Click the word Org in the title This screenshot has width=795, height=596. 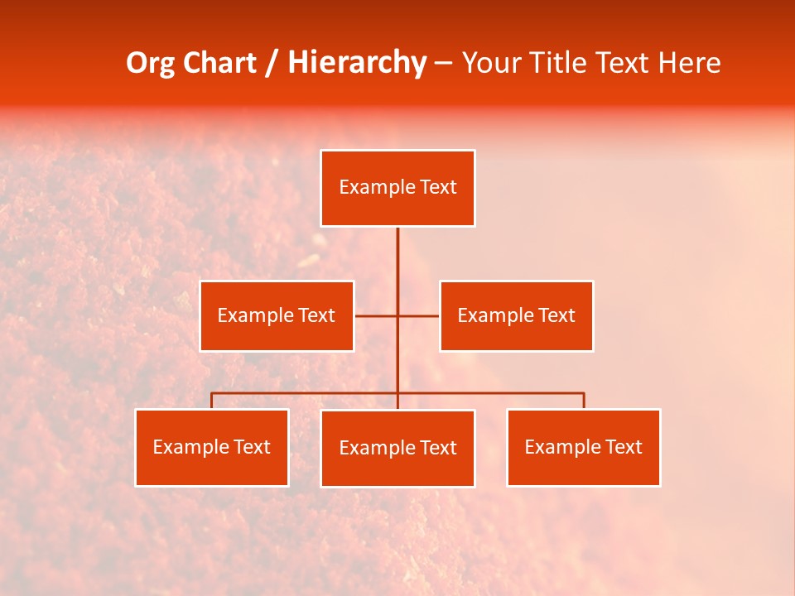coord(150,63)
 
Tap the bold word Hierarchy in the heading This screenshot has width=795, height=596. coord(357,63)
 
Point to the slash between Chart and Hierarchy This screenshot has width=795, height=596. coord(272,63)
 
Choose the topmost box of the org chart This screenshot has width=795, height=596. coord(397,188)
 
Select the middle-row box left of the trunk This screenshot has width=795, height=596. coord(277,315)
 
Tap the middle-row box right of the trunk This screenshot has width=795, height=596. coord(516,315)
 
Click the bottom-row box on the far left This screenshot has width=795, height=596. coord(212,447)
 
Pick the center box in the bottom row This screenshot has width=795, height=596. coord(397,448)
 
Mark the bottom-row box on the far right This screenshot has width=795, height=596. coord(583,447)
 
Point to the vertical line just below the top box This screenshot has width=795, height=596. coord(397,248)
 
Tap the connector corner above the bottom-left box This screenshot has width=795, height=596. coord(212,394)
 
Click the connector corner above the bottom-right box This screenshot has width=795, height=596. coord(583,394)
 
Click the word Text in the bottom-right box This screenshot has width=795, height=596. coord(623,447)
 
